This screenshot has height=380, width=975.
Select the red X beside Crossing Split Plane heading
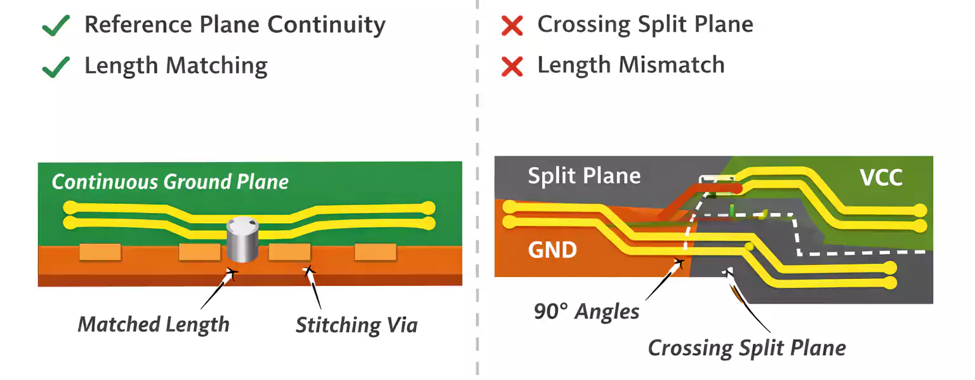512,26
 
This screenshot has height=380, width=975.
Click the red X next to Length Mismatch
512,66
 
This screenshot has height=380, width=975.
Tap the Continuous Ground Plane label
170,182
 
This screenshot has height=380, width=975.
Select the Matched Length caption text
153,325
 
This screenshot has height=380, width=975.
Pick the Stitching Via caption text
356,325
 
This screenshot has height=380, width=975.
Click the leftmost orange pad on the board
100,252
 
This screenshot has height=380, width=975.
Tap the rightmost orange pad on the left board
375,252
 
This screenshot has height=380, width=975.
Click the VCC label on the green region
881,177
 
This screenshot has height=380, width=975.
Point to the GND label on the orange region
552,250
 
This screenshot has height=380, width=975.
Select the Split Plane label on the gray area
584,175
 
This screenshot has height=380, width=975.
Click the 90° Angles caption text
586,311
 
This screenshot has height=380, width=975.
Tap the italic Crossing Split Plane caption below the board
746,348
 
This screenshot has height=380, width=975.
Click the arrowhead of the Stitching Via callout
309,271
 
